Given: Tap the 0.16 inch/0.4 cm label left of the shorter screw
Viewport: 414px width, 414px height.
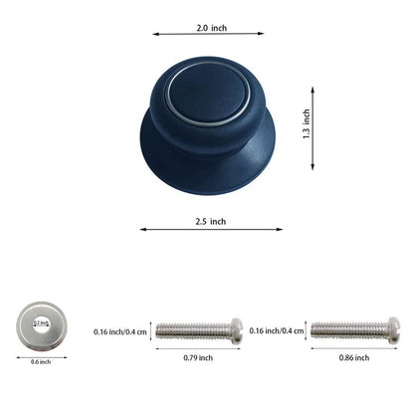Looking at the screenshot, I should click(120, 330).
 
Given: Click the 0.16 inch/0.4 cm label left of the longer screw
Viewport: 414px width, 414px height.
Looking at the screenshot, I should click(278, 330).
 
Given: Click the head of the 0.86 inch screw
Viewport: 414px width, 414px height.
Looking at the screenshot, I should click(394, 330).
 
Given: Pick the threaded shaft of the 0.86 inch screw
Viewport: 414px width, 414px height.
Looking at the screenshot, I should click(348, 330).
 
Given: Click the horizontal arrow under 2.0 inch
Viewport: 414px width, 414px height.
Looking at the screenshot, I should click(208, 34).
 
